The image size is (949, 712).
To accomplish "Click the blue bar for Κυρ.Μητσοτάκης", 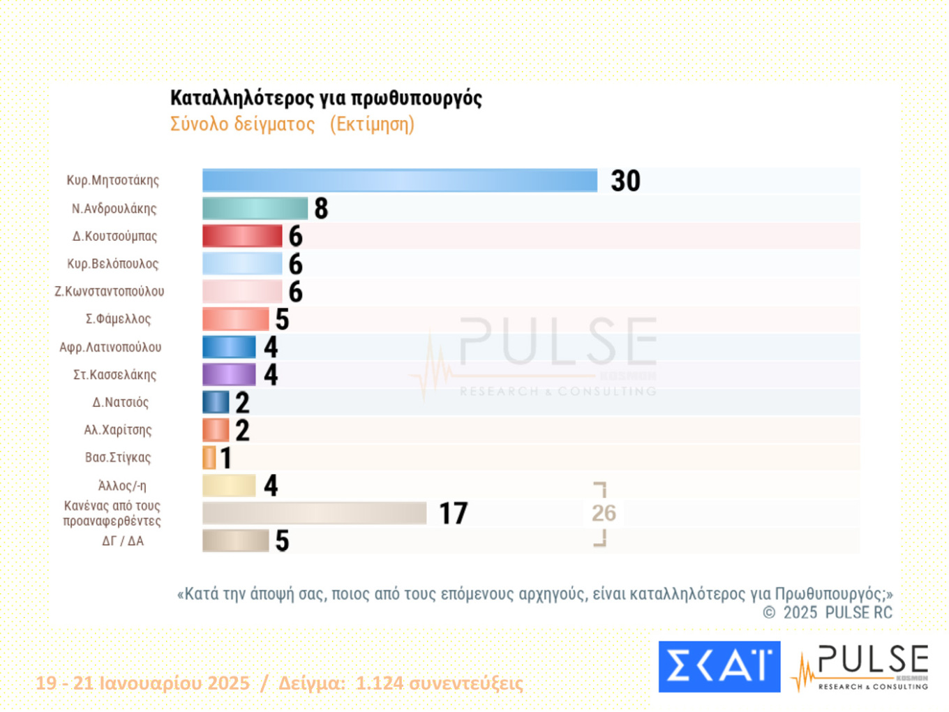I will click(x=399, y=180).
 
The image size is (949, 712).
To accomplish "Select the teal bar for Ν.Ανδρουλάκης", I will click(x=255, y=208).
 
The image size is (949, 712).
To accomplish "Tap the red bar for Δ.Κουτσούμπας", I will click(x=242, y=236).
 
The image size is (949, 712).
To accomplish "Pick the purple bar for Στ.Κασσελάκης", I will click(x=229, y=375).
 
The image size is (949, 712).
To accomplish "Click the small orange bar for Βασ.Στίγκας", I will click(x=209, y=458).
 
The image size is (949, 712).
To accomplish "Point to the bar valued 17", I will click(x=314, y=513).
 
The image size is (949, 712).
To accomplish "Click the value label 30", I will click(x=625, y=181).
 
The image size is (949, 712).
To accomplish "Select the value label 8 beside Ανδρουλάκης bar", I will click(x=321, y=208).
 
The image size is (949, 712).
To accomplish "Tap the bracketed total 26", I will click(x=604, y=513).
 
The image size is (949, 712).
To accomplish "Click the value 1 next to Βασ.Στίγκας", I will click(x=225, y=458).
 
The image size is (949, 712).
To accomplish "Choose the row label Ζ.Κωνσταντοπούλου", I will click(x=110, y=291).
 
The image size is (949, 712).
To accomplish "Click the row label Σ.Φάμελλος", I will click(x=118, y=319).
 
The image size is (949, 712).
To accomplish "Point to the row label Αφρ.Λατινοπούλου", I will click(x=110, y=347).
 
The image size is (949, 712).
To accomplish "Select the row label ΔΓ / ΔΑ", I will click(x=123, y=541).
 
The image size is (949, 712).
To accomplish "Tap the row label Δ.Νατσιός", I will click(x=120, y=402).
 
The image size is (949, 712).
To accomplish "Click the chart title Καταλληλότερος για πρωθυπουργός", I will click(x=326, y=98).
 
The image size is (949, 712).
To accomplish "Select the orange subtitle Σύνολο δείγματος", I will click(x=243, y=124).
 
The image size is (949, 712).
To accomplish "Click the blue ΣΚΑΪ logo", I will click(x=719, y=667).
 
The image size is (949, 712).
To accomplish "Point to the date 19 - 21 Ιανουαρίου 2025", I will click(x=142, y=683).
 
